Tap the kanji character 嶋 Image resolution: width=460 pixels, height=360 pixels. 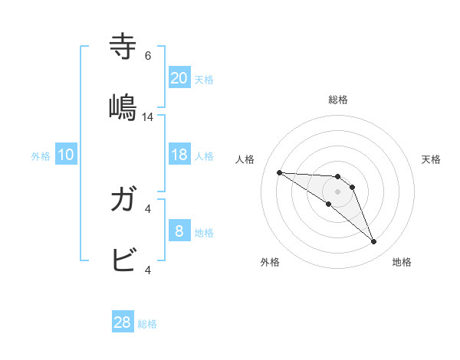(123, 106)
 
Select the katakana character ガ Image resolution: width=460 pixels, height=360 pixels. (123, 200)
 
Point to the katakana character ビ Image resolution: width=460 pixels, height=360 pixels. (123, 260)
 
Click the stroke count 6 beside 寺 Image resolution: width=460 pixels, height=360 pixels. (148, 56)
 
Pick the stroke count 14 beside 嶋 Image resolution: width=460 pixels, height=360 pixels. (148, 117)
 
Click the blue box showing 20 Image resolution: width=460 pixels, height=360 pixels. (179, 78)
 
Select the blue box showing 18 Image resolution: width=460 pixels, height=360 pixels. (179, 155)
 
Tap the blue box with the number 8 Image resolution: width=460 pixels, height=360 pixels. (179, 231)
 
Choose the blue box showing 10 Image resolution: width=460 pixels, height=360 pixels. (66, 155)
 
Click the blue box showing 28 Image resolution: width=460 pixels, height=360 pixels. (123, 322)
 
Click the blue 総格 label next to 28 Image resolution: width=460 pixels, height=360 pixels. (147, 324)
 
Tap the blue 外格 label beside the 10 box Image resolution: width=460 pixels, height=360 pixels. (41, 156)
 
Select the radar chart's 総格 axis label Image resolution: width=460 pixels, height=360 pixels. (338, 100)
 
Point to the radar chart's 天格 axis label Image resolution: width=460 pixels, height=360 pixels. (432, 159)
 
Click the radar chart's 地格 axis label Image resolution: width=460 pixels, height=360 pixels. (402, 263)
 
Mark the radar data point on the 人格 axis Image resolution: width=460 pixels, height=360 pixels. (279, 172)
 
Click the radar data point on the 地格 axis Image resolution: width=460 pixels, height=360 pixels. (373, 242)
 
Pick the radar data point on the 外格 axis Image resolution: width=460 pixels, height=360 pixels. (328, 204)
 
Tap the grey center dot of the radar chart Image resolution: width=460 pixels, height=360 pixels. (338, 191)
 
